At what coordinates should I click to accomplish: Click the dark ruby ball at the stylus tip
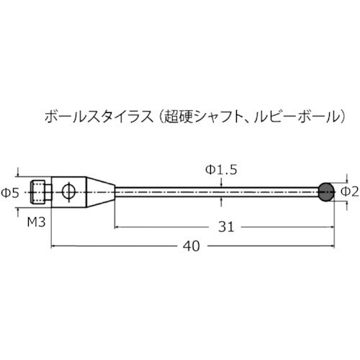tap(325, 191)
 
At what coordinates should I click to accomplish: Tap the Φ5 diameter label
tap(9, 192)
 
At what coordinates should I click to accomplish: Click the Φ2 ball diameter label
tap(349, 191)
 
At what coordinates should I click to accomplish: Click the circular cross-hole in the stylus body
tap(68, 191)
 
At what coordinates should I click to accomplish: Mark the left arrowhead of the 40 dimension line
tap(55, 246)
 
